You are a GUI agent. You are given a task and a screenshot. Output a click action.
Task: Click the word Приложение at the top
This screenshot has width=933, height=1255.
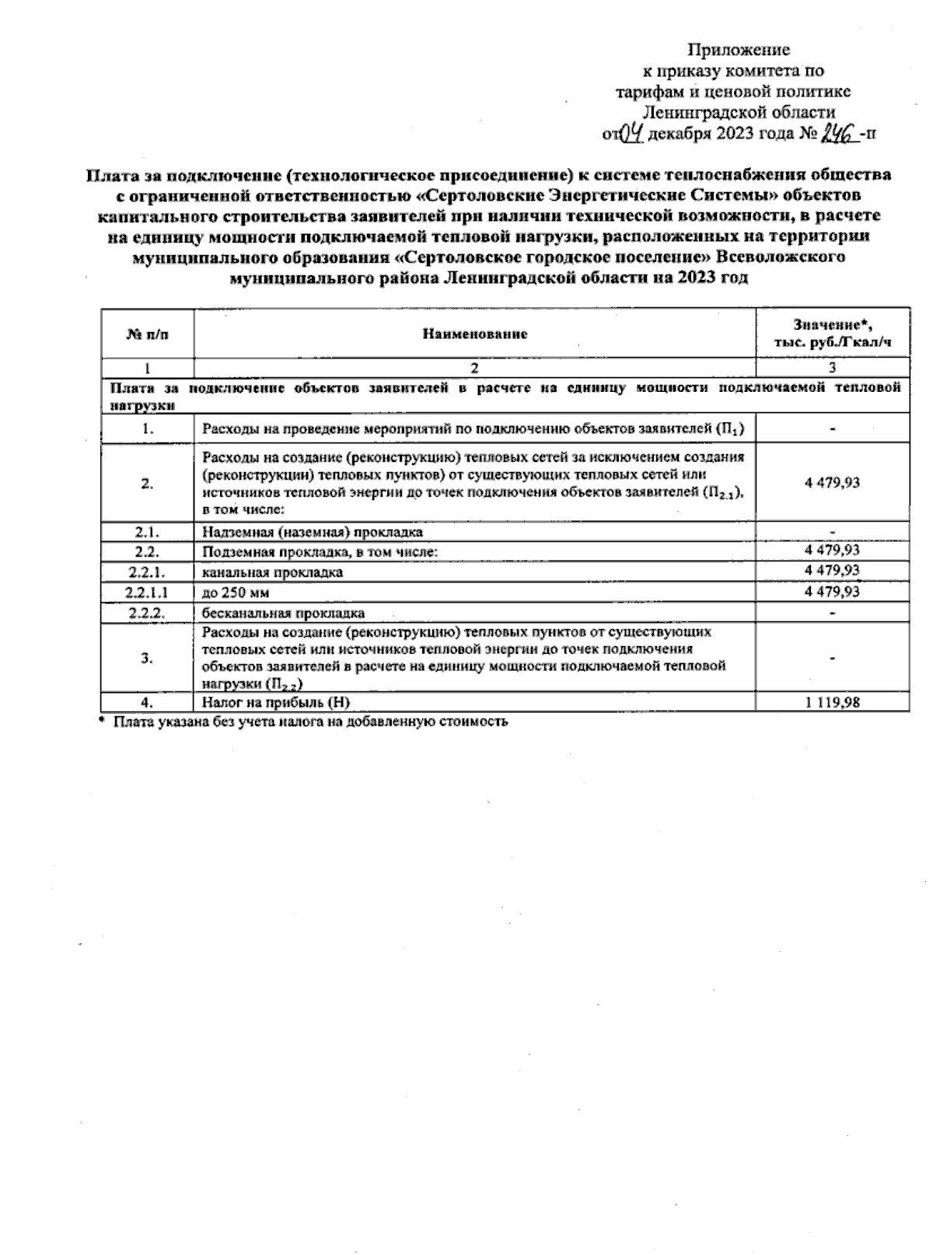point(738,51)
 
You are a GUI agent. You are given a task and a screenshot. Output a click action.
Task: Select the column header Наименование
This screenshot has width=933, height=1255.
point(474,334)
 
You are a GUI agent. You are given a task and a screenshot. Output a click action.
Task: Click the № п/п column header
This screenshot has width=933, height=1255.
point(147,334)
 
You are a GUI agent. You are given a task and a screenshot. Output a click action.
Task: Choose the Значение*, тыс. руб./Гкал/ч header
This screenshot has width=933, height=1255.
point(832,333)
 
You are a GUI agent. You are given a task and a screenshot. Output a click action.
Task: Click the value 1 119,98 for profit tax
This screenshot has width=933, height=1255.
point(832,702)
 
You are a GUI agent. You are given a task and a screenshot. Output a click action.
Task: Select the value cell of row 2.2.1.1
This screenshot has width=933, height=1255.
point(832,592)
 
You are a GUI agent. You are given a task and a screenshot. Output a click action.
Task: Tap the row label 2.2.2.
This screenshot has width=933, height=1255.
point(147,613)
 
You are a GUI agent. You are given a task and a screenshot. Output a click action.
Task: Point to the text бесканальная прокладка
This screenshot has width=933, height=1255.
point(283,613)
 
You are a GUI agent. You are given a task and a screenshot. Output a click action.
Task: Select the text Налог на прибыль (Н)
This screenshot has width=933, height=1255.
point(276,702)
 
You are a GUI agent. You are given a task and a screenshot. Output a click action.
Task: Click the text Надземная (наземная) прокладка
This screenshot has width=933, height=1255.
point(313,532)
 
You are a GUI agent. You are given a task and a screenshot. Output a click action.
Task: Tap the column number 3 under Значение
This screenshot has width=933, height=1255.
point(832,368)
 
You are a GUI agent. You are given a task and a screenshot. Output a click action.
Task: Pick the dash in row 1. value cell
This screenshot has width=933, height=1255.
point(832,428)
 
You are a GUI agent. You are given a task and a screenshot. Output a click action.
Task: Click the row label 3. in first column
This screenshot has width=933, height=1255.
point(147,658)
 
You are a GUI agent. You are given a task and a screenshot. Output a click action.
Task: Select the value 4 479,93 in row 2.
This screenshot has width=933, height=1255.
point(832,483)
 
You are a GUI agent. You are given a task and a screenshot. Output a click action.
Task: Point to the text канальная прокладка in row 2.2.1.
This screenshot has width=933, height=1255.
point(272,572)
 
